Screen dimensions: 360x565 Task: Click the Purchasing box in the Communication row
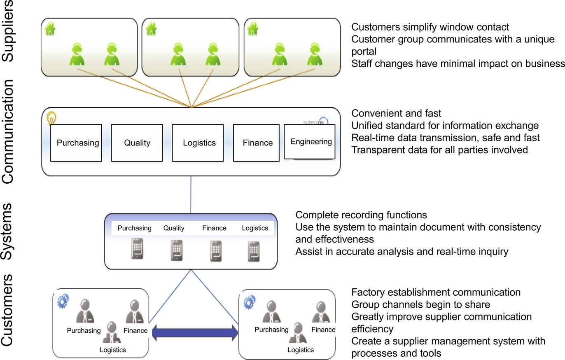click(77, 143)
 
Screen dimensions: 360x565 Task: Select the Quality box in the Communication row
click(137, 143)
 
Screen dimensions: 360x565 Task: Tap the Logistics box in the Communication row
click(199, 143)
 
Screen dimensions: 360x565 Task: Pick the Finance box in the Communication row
click(258, 143)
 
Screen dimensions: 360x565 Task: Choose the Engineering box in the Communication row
click(311, 142)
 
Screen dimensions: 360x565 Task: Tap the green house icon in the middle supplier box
click(151, 29)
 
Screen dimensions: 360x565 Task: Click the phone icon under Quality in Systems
click(177, 250)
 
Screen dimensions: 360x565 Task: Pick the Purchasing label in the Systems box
click(135, 228)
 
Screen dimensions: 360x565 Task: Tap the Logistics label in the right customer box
click(301, 350)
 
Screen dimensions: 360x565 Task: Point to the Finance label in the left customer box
click(135, 330)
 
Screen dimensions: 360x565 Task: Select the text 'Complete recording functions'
click(361, 215)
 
